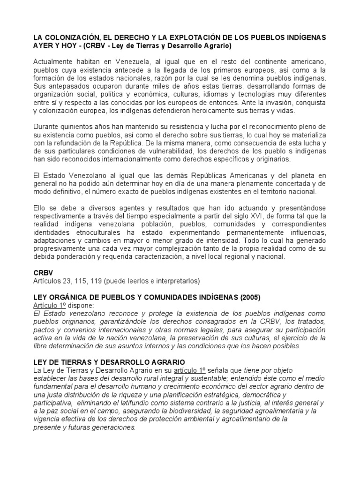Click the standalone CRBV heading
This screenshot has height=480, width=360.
pyautogui.click(x=43, y=272)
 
